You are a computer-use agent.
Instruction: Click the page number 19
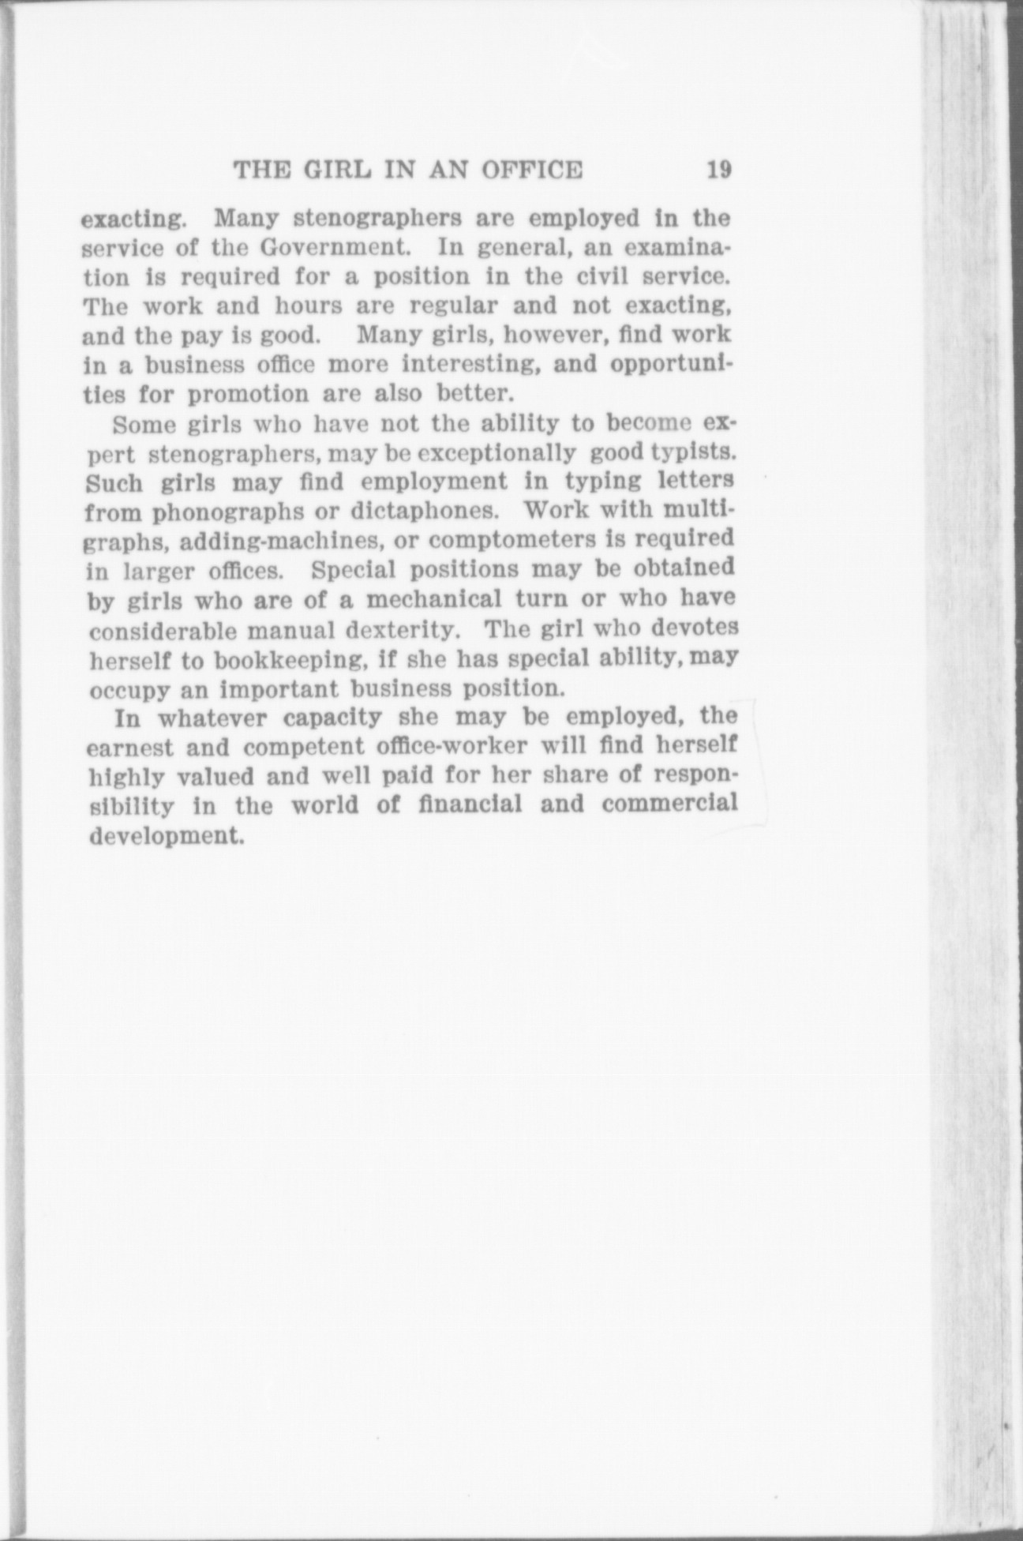(x=720, y=170)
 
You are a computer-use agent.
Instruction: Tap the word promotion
(x=249, y=394)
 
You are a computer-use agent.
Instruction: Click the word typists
(x=695, y=454)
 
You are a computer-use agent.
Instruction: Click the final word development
(x=164, y=835)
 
